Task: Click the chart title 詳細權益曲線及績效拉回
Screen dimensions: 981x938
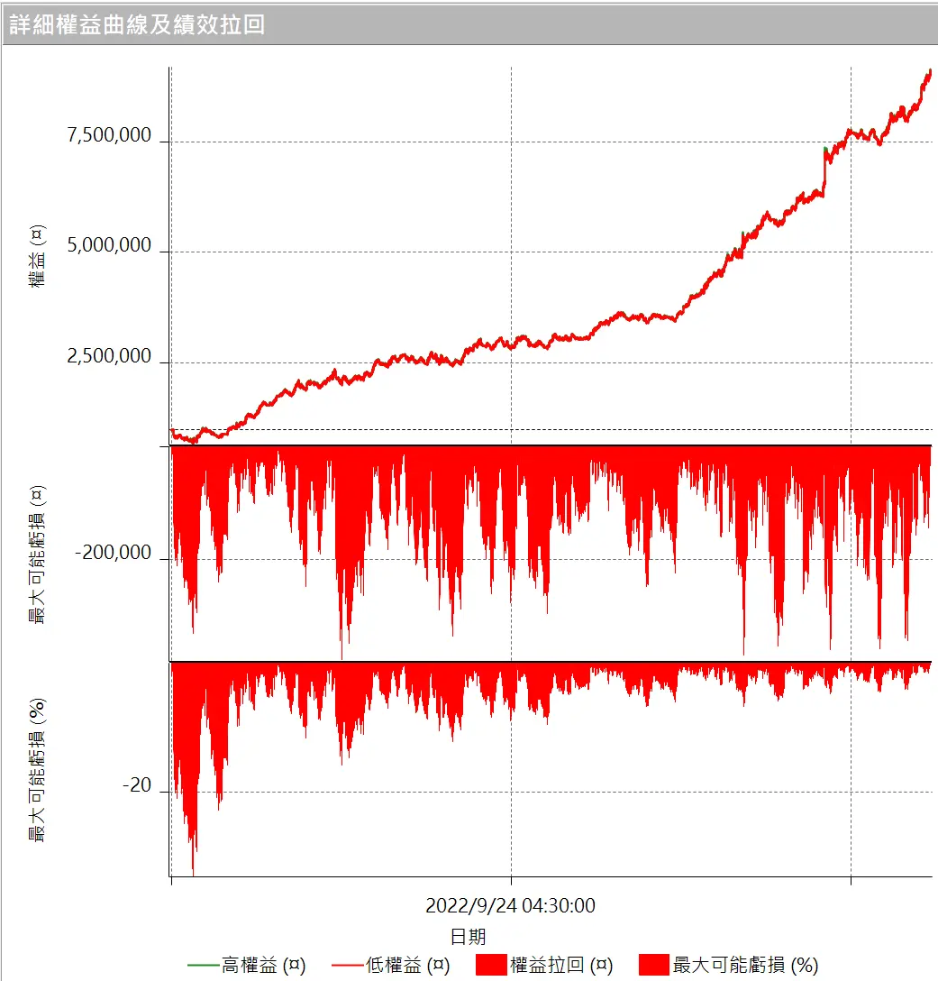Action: click(137, 24)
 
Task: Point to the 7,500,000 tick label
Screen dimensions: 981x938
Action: click(109, 136)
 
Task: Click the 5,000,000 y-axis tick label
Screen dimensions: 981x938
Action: click(109, 246)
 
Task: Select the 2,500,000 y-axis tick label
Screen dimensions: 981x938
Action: click(109, 357)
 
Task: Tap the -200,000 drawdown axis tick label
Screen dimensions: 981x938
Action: click(114, 554)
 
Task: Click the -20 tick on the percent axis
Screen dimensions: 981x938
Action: click(137, 786)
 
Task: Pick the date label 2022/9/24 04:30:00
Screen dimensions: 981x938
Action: click(510, 905)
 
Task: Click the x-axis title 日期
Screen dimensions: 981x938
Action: click(468, 936)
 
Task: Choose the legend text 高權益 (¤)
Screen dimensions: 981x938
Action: click(263, 965)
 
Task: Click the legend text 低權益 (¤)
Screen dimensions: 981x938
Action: click(407, 965)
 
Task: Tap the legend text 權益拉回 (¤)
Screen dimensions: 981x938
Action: click(560, 965)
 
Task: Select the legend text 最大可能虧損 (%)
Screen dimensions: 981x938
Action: click(745, 965)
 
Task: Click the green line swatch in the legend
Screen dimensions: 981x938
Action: click(203, 965)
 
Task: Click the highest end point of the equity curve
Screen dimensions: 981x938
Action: click(930, 70)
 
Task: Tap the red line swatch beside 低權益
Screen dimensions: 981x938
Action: click(347, 965)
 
